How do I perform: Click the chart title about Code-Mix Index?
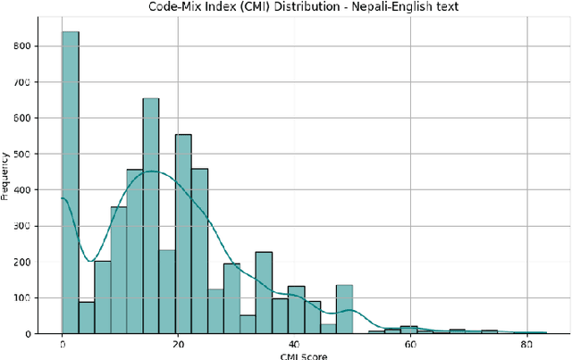click(286, 8)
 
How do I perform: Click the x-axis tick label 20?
click(178, 344)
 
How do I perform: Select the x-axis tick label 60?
click(410, 344)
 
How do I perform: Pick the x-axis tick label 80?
click(526, 344)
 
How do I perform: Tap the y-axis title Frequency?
click(6, 190)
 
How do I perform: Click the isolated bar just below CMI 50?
click(344, 309)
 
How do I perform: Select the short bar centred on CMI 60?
click(409, 330)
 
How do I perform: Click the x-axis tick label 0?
click(63, 344)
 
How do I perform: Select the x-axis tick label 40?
click(294, 344)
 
